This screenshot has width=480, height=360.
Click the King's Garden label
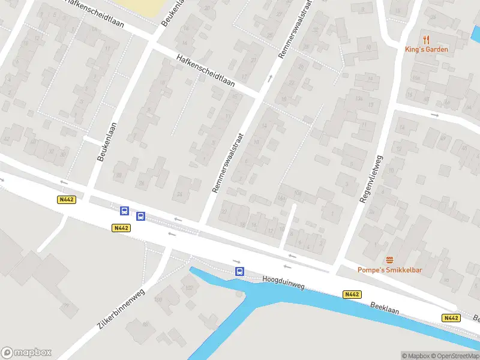[426, 49]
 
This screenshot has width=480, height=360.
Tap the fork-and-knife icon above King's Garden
[427, 40]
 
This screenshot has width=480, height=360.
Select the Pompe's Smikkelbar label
[390, 270]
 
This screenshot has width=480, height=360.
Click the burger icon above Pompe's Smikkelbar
[390, 260]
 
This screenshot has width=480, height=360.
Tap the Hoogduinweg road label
[283, 283]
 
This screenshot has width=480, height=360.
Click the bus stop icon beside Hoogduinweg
[239, 272]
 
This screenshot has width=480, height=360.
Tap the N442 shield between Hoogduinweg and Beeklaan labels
[352, 294]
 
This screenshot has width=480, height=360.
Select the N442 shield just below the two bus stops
[121, 228]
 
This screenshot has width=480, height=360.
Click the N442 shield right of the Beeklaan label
[451, 317]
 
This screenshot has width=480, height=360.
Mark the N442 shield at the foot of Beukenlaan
[67, 200]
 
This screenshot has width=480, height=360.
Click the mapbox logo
[26, 353]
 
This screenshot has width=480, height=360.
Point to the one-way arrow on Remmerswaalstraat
[269, 77]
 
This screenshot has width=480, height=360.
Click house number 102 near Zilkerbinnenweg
[190, 288]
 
